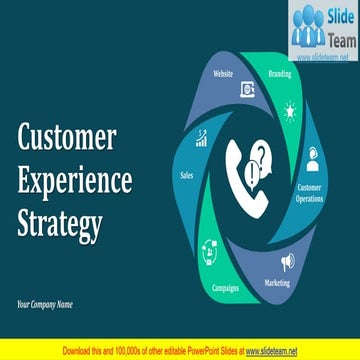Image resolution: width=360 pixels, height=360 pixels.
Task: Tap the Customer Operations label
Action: coord(310,192)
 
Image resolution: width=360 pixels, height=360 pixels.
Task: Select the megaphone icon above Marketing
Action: coord(288,262)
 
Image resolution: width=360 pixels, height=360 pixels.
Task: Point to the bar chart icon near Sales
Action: coord(201,138)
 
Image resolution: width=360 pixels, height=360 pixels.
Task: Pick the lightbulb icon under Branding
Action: coord(290,110)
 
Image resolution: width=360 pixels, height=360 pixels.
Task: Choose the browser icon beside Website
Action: coord(246,89)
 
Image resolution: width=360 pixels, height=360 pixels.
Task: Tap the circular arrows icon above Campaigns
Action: coord(211,248)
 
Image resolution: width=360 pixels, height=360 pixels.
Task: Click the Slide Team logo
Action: coord(322,31)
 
